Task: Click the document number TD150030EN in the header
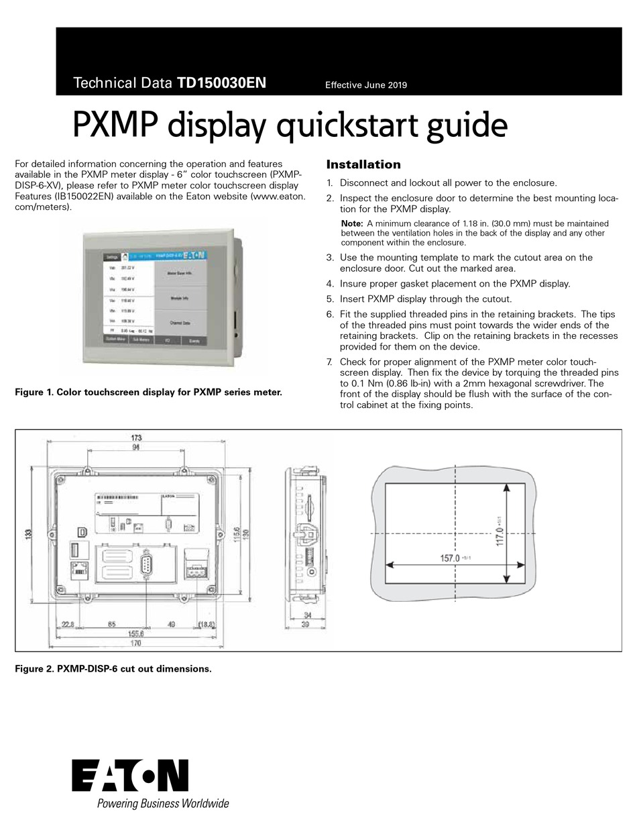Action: coord(221,83)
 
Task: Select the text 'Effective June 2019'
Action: coord(365,85)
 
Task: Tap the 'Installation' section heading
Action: coord(363,164)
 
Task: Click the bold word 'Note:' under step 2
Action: coord(352,223)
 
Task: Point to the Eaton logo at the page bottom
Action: coord(130,776)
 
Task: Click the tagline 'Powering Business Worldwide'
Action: coord(163,804)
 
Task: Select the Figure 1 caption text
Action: coord(148,392)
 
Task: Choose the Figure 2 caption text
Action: coord(113,669)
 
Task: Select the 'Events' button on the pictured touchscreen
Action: coord(194,340)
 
